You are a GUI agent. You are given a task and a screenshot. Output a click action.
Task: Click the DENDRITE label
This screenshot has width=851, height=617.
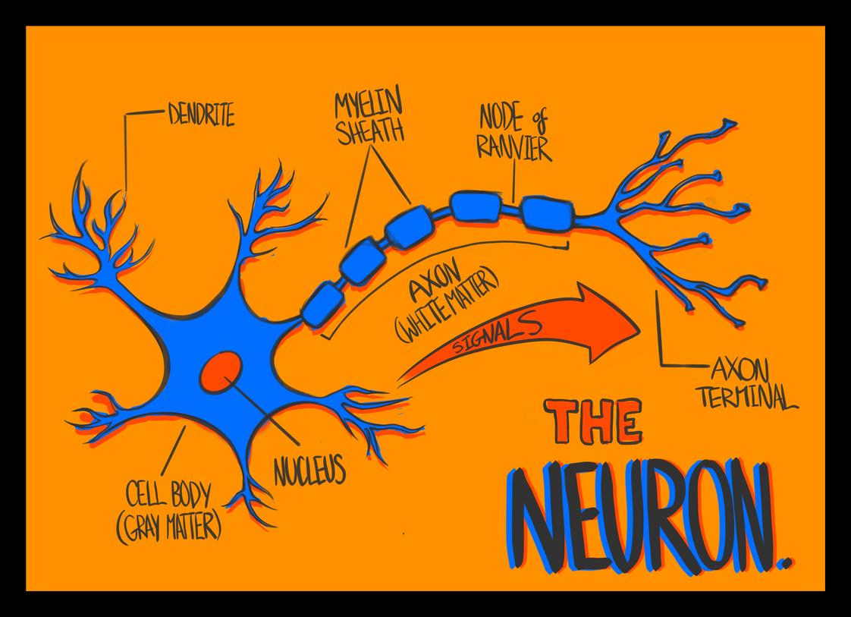pyautogui.click(x=200, y=116)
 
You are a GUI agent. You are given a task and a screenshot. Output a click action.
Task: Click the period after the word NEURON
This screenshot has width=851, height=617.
pyautogui.click(x=787, y=562)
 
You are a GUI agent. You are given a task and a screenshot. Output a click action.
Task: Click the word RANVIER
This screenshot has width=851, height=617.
pyautogui.click(x=515, y=149)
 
